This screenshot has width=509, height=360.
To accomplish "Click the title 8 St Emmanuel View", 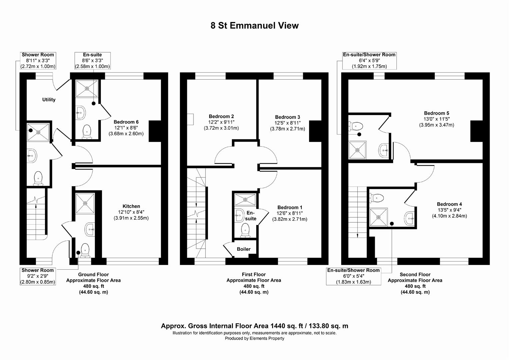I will pyautogui.click(x=254, y=26).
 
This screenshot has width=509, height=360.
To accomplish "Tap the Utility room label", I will pyautogui.click(x=49, y=100).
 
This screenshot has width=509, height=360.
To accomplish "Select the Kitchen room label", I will pyautogui.click(x=131, y=206).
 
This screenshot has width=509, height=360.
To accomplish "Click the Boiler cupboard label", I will pyautogui.click(x=244, y=249).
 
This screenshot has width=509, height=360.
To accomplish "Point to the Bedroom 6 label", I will pyautogui.click(x=126, y=122).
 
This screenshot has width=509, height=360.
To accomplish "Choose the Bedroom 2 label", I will pyautogui.click(x=221, y=116).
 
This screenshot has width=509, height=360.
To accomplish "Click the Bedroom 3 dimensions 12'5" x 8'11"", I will pyautogui.click(x=287, y=123).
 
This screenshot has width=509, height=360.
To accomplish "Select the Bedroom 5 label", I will pyautogui.click(x=436, y=113).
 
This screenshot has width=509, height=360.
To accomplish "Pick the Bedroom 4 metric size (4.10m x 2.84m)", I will pyautogui.click(x=449, y=216).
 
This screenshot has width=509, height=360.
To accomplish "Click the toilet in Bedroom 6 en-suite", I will pyautogui.click(x=87, y=131).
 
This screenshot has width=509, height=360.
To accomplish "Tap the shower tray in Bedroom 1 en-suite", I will pyautogui.click(x=245, y=200).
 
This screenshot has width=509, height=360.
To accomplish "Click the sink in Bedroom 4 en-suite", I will pyautogui.click(x=409, y=219).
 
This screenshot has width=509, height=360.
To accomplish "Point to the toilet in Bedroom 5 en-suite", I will pyautogui.click(x=356, y=126).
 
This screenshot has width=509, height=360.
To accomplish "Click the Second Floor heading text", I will pyautogui.click(x=415, y=275).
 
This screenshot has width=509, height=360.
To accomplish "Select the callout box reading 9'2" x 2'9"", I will pyautogui.click(x=37, y=276).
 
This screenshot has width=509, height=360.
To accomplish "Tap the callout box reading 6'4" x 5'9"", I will pyautogui.click(x=369, y=60).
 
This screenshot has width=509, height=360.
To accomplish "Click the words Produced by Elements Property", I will pyautogui.click(x=254, y=338).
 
